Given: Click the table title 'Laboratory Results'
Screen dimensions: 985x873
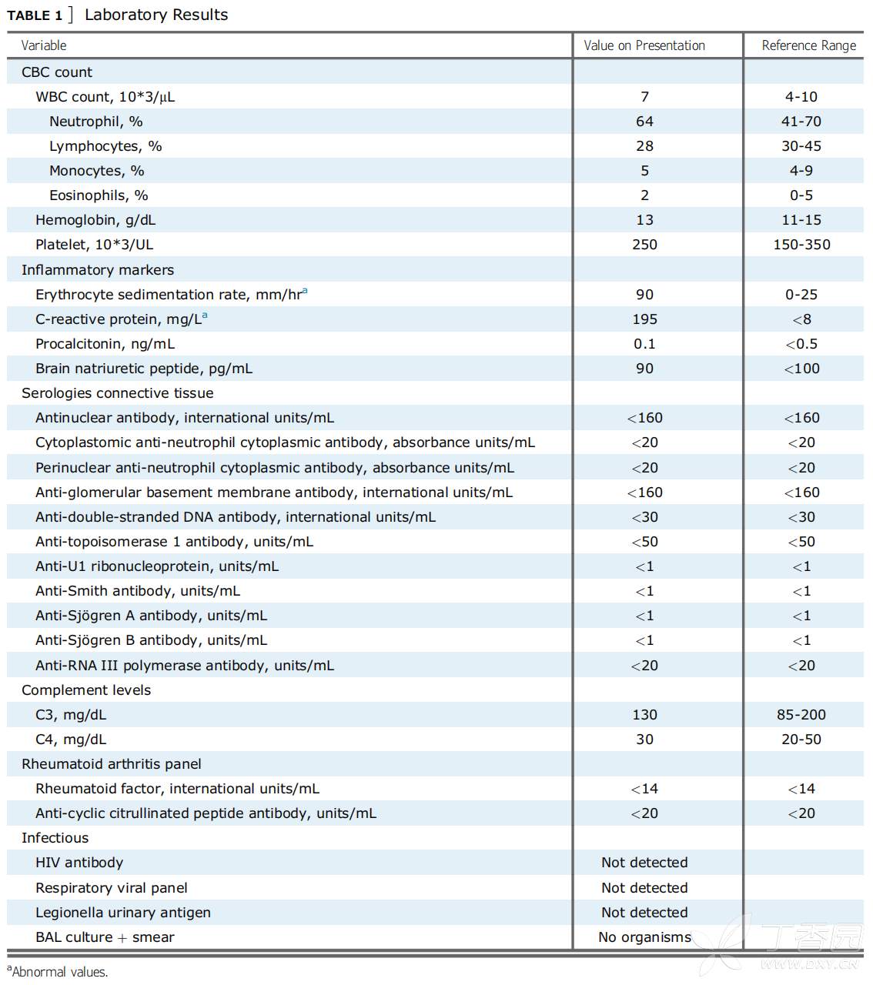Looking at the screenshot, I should [x=156, y=15].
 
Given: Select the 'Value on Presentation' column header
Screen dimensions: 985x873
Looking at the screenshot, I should [x=644, y=45].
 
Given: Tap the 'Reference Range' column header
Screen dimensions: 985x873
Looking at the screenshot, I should [x=808, y=45].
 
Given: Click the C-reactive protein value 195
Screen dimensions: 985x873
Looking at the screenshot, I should [x=644, y=319].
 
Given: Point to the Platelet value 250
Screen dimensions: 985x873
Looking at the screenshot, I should [x=644, y=245].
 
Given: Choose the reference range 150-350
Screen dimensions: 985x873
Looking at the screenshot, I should [x=801, y=245].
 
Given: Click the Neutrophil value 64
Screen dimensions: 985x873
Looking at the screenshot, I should [x=644, y=122].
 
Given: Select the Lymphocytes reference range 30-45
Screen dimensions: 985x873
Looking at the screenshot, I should [x=801, y=146].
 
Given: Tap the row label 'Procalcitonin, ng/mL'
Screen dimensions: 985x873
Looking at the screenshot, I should [x=105, y=344].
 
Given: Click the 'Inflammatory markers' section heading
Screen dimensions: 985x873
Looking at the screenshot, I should [x=98, y=270].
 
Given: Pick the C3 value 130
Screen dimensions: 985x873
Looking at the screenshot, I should [x=644, y=715].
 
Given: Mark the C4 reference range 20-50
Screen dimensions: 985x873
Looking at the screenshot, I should [x=801, y=740].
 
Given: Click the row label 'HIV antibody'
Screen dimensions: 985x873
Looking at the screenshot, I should [x=79, y=863].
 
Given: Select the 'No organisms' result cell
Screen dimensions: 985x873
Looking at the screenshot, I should [x=644, y=937].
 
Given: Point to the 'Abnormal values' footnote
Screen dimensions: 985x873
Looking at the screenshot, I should [x=59, y=972].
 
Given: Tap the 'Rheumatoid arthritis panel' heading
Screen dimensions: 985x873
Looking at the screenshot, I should [x=112, y=764].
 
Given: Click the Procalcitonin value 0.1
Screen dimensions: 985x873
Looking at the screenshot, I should [x=644, y=344].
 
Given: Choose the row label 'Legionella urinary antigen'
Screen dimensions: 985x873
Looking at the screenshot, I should [x=123, y=913].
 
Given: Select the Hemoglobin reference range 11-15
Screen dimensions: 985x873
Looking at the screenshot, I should [x=801, y=220].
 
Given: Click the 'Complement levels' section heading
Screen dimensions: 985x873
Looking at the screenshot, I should [x=86, y=690].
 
